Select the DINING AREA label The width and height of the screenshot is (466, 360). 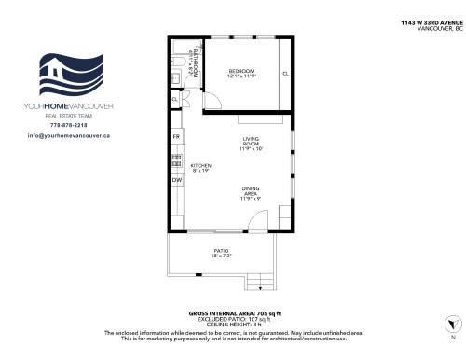(x=251, y=193)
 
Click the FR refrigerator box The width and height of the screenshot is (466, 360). (x=176, y=137)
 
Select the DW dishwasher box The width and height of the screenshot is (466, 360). (x=176, y=205)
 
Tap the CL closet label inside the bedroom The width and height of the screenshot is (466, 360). (x=285, y=73)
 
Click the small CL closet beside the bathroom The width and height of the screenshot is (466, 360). (x=175, y=98)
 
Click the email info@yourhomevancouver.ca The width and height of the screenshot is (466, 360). (x=70, y=135)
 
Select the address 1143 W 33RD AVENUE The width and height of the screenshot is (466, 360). (x=432, y=21)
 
